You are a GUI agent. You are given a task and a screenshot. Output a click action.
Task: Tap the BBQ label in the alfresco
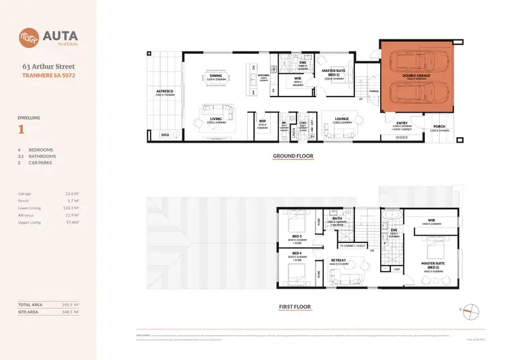point(164,134)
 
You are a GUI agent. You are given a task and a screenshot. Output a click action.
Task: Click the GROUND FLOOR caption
point(294,156)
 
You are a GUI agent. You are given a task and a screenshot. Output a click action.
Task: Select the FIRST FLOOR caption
point(295,307)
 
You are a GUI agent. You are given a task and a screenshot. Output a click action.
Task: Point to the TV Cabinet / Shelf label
point(353,245)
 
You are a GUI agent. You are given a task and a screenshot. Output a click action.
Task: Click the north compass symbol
point(470,309)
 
